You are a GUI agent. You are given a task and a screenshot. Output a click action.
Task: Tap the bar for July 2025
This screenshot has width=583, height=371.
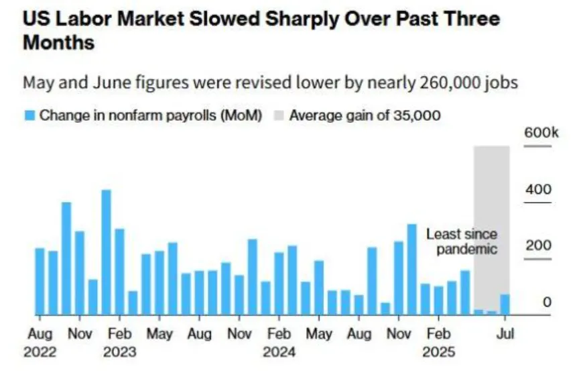pos(505,305)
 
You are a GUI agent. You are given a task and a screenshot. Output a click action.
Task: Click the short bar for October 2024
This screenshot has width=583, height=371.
pos(385,309)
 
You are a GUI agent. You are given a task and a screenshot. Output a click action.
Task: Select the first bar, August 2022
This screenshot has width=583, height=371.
pos(40,282)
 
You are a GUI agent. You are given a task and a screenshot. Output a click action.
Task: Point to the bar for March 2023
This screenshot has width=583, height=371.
pos(133,303)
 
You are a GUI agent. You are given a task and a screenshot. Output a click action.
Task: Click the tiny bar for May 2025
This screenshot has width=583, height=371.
pos(478,312)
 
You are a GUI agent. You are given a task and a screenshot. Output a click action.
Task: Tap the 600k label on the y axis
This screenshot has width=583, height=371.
pos(540,133)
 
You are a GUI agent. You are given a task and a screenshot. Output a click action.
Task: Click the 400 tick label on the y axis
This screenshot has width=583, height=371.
pos(538,190)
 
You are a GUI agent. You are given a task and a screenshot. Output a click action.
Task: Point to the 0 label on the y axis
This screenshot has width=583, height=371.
pos(547,303)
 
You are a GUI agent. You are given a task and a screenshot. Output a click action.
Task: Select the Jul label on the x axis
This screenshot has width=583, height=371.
pos(505,333)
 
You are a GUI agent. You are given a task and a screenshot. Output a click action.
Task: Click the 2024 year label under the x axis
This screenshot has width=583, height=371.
pos(279,352)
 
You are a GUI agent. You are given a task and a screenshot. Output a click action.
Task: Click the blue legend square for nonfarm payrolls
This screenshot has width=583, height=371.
pos(29,115)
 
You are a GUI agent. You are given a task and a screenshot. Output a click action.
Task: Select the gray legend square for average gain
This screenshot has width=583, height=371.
pos(279,115)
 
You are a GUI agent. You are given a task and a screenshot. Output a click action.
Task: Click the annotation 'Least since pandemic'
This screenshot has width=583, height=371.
pos(462,242)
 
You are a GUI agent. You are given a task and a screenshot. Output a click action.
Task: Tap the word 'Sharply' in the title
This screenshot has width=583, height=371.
pos(299,19)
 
